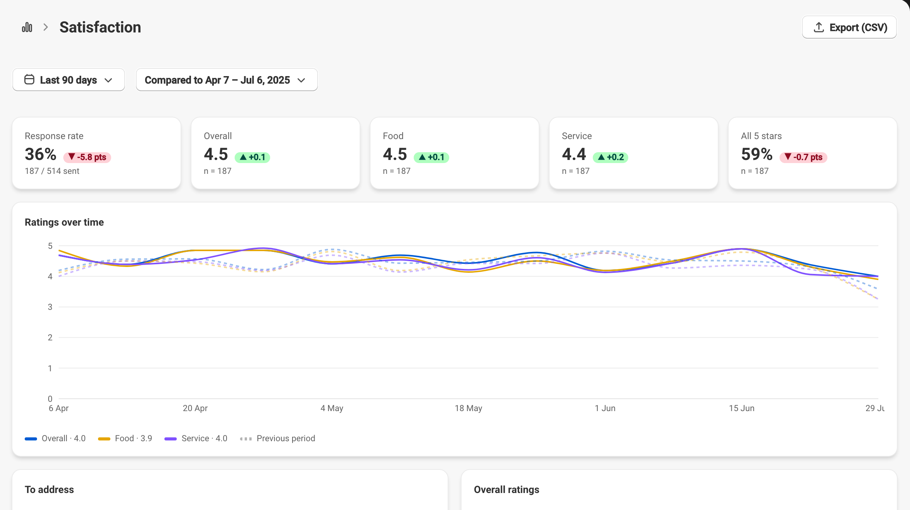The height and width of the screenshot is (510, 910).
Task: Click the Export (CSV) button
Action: pos(849,27)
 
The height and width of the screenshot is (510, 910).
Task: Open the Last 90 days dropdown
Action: pos(69,80)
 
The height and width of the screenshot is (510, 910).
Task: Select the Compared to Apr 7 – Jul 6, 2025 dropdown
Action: pos(227,80)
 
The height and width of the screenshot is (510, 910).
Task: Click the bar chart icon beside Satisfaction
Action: pos(27,27)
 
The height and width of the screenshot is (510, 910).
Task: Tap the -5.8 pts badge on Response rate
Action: pos(87,157)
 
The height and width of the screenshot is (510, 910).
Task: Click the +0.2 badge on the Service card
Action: pos(611,157)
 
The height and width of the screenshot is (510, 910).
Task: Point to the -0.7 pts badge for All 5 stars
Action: pos(803,157)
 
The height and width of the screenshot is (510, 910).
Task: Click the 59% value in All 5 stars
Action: pos(757,154)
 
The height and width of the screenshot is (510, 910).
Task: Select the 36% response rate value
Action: pos(41,154)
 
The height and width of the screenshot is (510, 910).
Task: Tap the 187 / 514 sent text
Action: pos(52,171)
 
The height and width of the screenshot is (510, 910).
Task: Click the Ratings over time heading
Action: pos(64,222)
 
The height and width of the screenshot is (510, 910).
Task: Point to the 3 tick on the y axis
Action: pos(50,307)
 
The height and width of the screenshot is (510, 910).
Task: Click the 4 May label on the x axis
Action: pos(332,408)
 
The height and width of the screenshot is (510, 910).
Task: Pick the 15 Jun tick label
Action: pos(742,408)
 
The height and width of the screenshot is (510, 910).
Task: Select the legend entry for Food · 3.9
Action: pos(125,439)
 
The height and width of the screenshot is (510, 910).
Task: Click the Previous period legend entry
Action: pos(278,439)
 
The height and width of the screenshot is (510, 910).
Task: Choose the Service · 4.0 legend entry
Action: pos(196,439)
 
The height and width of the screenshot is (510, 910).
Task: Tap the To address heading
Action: pos(49,490)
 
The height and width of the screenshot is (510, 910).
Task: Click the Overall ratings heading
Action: pos(507,490)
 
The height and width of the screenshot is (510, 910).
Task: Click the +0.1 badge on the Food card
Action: pos(431,157)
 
